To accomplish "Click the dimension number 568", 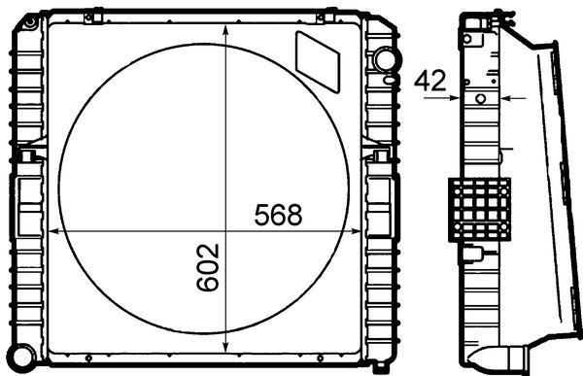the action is click(279, 215).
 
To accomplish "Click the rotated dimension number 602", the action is click(208, 267).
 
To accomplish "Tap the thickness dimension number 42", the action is click(430, 81).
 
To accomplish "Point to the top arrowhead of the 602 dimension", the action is click(225, 30).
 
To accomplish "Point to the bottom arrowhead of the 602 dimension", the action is click(225, 347).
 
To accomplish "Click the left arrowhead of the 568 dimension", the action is click(54, 231).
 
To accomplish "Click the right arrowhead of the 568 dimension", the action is click(356, 231).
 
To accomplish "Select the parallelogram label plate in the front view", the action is click(318, 62).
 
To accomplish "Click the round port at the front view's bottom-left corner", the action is click(22, 357).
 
